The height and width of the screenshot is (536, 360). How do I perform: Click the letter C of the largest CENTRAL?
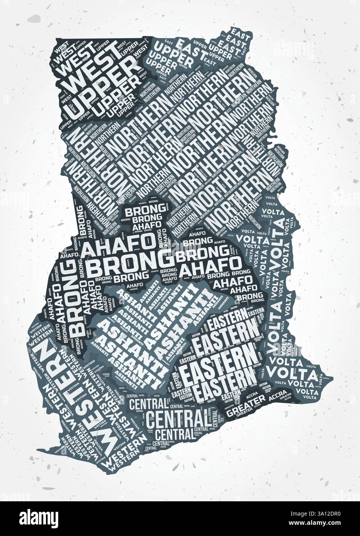(152, 419)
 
